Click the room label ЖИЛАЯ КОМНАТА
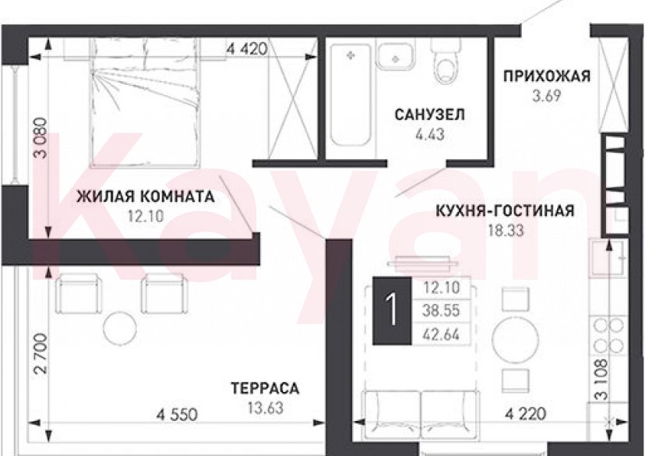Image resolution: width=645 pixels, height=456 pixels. point(145,197)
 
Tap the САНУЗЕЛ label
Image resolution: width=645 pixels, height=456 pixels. point(429,115)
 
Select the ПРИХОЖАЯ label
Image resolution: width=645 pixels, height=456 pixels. point(546,76)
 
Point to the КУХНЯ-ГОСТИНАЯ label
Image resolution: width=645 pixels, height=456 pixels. point(504,210)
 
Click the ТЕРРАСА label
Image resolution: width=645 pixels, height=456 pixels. point(265,387)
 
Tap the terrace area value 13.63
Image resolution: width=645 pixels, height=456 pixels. point(265,407)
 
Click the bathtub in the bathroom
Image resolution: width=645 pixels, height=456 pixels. point(350,95)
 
